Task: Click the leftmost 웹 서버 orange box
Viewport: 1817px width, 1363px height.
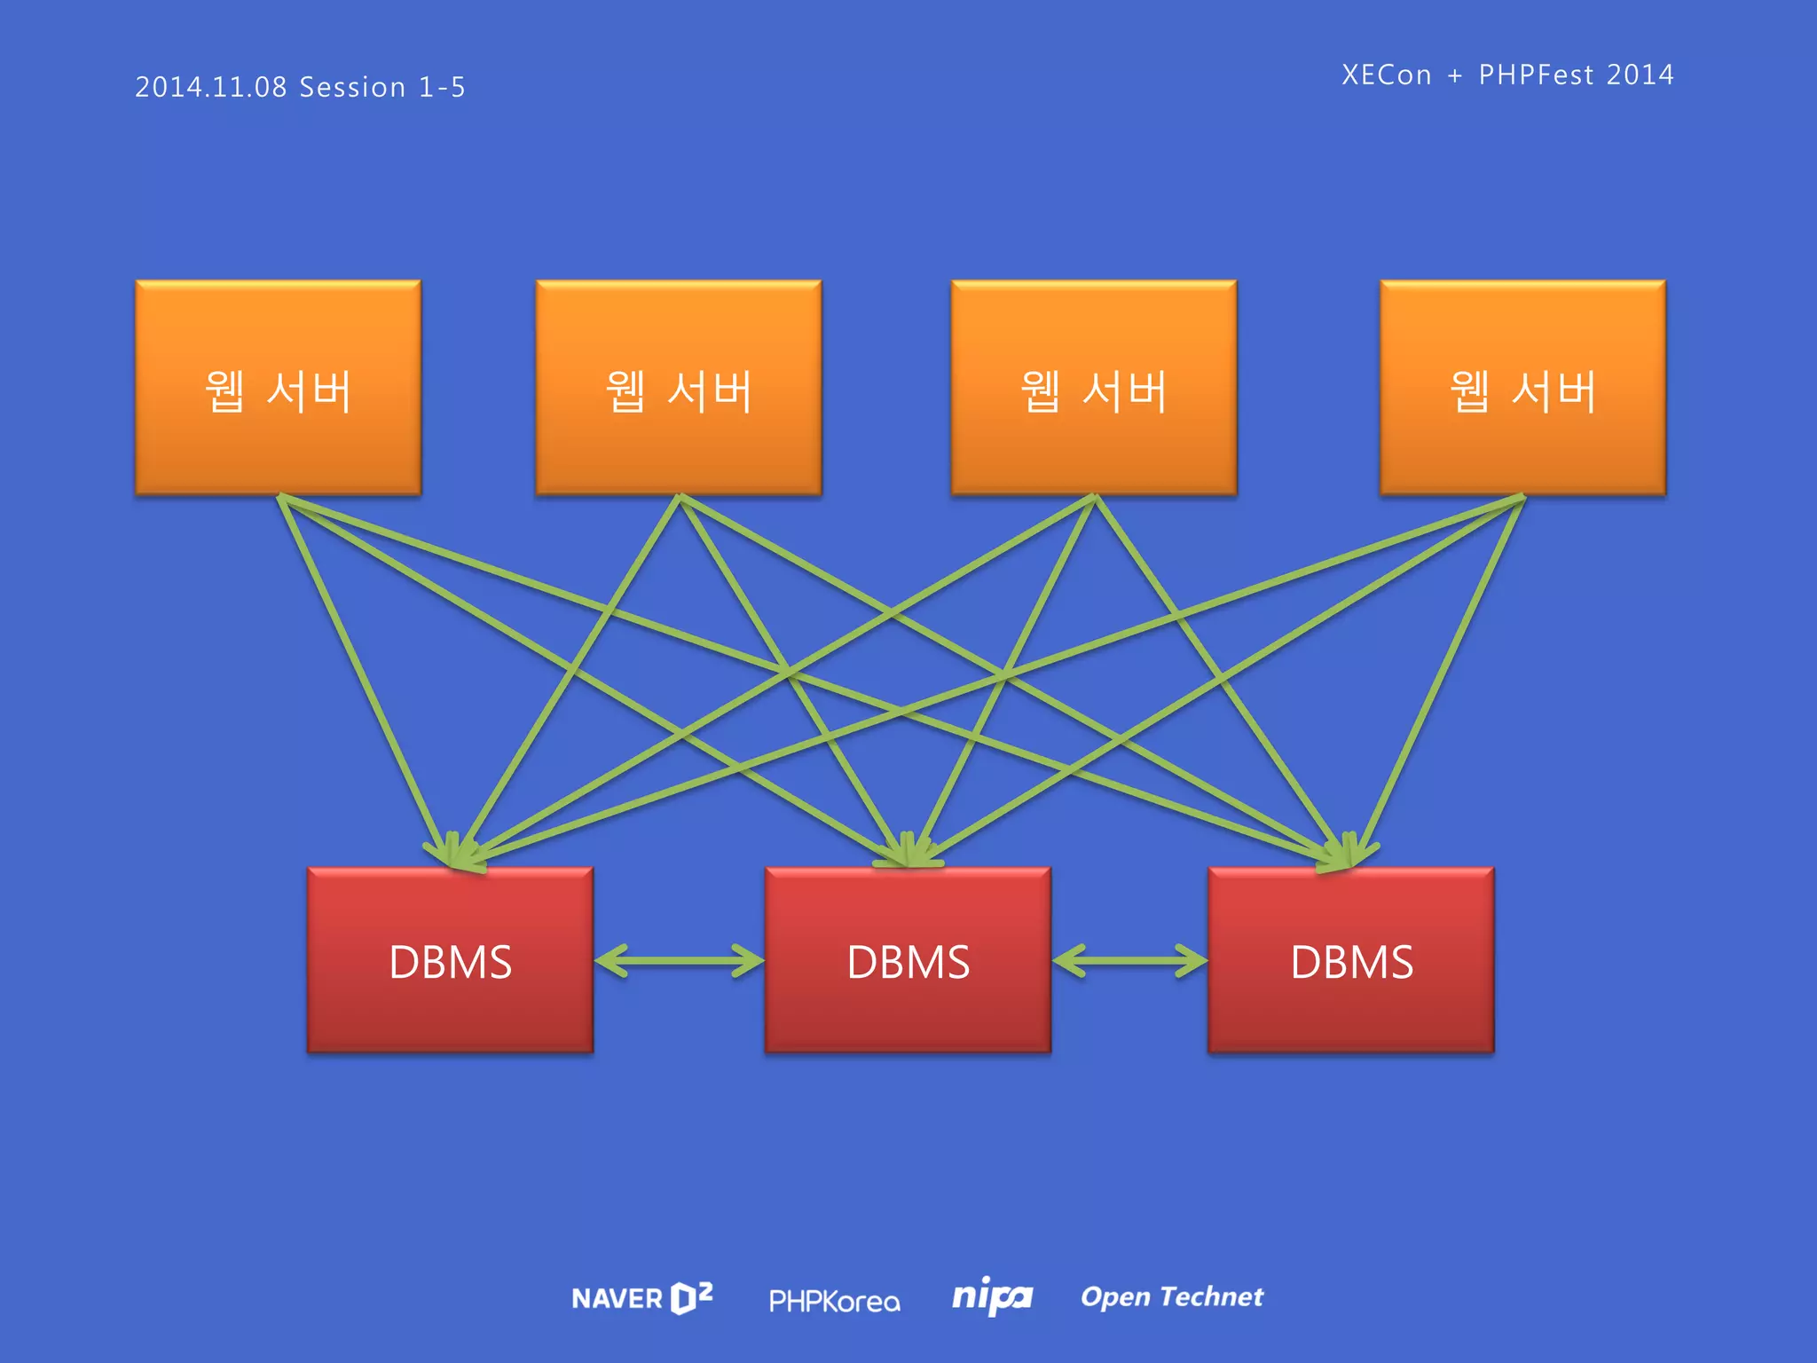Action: coord(278,388)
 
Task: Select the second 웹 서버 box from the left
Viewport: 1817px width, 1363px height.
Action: coord(679,388)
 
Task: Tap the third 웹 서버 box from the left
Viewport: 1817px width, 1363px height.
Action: coord(1094,388)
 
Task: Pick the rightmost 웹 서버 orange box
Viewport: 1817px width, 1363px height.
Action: coord(1522,388)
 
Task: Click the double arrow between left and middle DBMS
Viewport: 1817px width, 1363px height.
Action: coord(679,961)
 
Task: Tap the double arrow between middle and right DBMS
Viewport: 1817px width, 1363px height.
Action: coord(1129,961)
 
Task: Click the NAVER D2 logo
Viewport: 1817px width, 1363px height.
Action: coord(642,1298)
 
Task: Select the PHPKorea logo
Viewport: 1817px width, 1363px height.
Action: coord(834,1301)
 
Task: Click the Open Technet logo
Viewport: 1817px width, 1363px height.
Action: coord(1171,1297)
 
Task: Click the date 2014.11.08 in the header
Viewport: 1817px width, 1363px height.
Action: coord(211,87)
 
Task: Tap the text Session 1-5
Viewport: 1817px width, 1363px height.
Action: coord(382,87)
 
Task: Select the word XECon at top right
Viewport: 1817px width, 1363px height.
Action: coord(1387,75)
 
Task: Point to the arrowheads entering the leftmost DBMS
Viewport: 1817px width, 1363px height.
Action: coord(454,853)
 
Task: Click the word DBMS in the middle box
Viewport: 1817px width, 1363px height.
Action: coord(908,962)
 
